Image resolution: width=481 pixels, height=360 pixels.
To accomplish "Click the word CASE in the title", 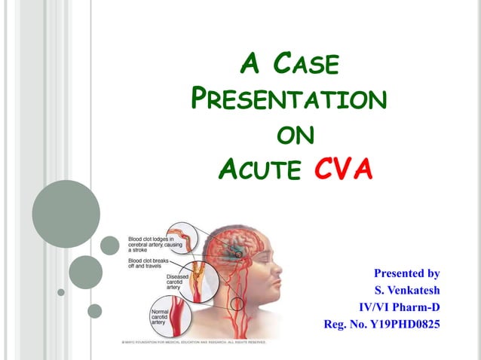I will [305, 65].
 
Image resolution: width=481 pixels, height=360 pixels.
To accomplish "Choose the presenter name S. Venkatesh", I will [406, 290].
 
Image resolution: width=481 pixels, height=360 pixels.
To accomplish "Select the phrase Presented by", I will [406, 273].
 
